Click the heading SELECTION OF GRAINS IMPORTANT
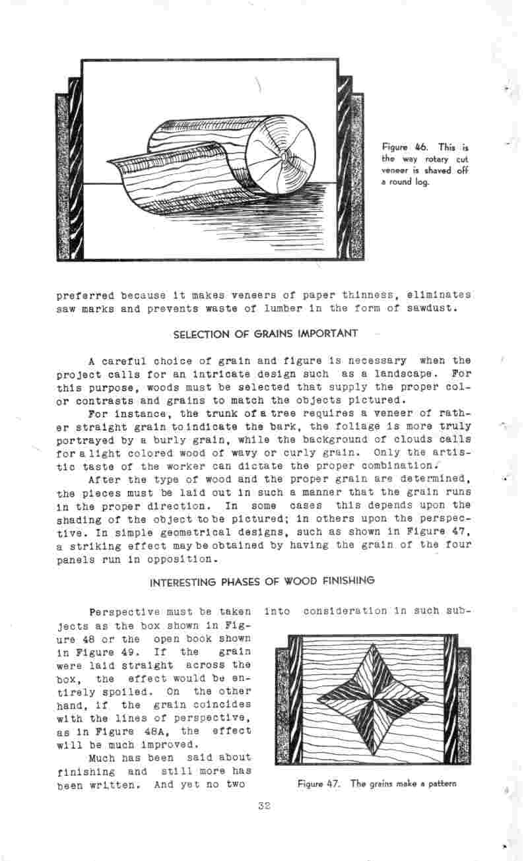tap(265, 334)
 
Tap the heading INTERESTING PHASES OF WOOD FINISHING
tap(263, 581)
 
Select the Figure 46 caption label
tap(397, 147)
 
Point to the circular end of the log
tap(282, 156)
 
